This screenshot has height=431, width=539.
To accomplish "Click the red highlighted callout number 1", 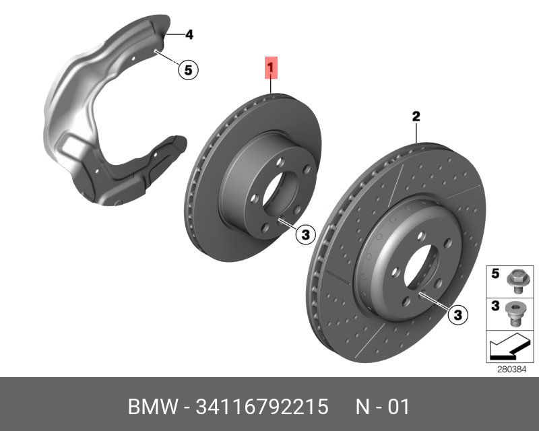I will click(270, 68).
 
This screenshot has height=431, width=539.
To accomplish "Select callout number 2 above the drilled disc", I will click(416, 117).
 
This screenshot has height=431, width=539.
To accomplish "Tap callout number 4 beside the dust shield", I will click(189, 34).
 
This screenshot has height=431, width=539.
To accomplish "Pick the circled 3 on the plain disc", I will click(305, 234).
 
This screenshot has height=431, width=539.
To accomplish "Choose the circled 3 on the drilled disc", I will click(457, 314).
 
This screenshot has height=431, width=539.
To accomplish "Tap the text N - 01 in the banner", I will click(382, 407).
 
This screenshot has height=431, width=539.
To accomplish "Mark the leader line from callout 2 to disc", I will click(416, 133).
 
